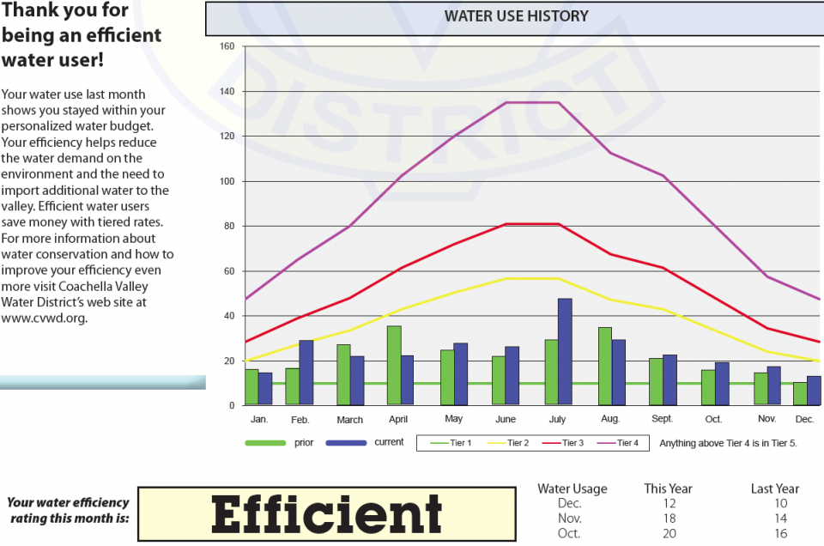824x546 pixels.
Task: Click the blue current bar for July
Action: coord(565,352)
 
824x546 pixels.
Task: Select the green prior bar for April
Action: coord(394,366)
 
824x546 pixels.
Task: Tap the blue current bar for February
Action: coord(306,373)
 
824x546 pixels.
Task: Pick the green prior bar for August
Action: coord(605,367)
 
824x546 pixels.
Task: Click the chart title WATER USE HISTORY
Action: coord(516,16)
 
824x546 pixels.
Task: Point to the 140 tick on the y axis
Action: coord(227,91)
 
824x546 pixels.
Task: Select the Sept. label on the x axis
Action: coord(662,419)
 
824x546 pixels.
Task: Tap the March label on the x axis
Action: coord(349,420)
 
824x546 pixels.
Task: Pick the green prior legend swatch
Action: coord(265,443)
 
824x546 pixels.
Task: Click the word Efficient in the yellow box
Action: coord(327,514)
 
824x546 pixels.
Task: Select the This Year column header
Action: coord(668,488)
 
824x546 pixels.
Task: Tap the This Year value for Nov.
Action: coord(668,518)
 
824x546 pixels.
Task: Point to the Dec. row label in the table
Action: coord(569,503)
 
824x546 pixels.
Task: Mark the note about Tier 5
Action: coord(728,443)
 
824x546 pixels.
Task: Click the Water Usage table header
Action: coord(572,488)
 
